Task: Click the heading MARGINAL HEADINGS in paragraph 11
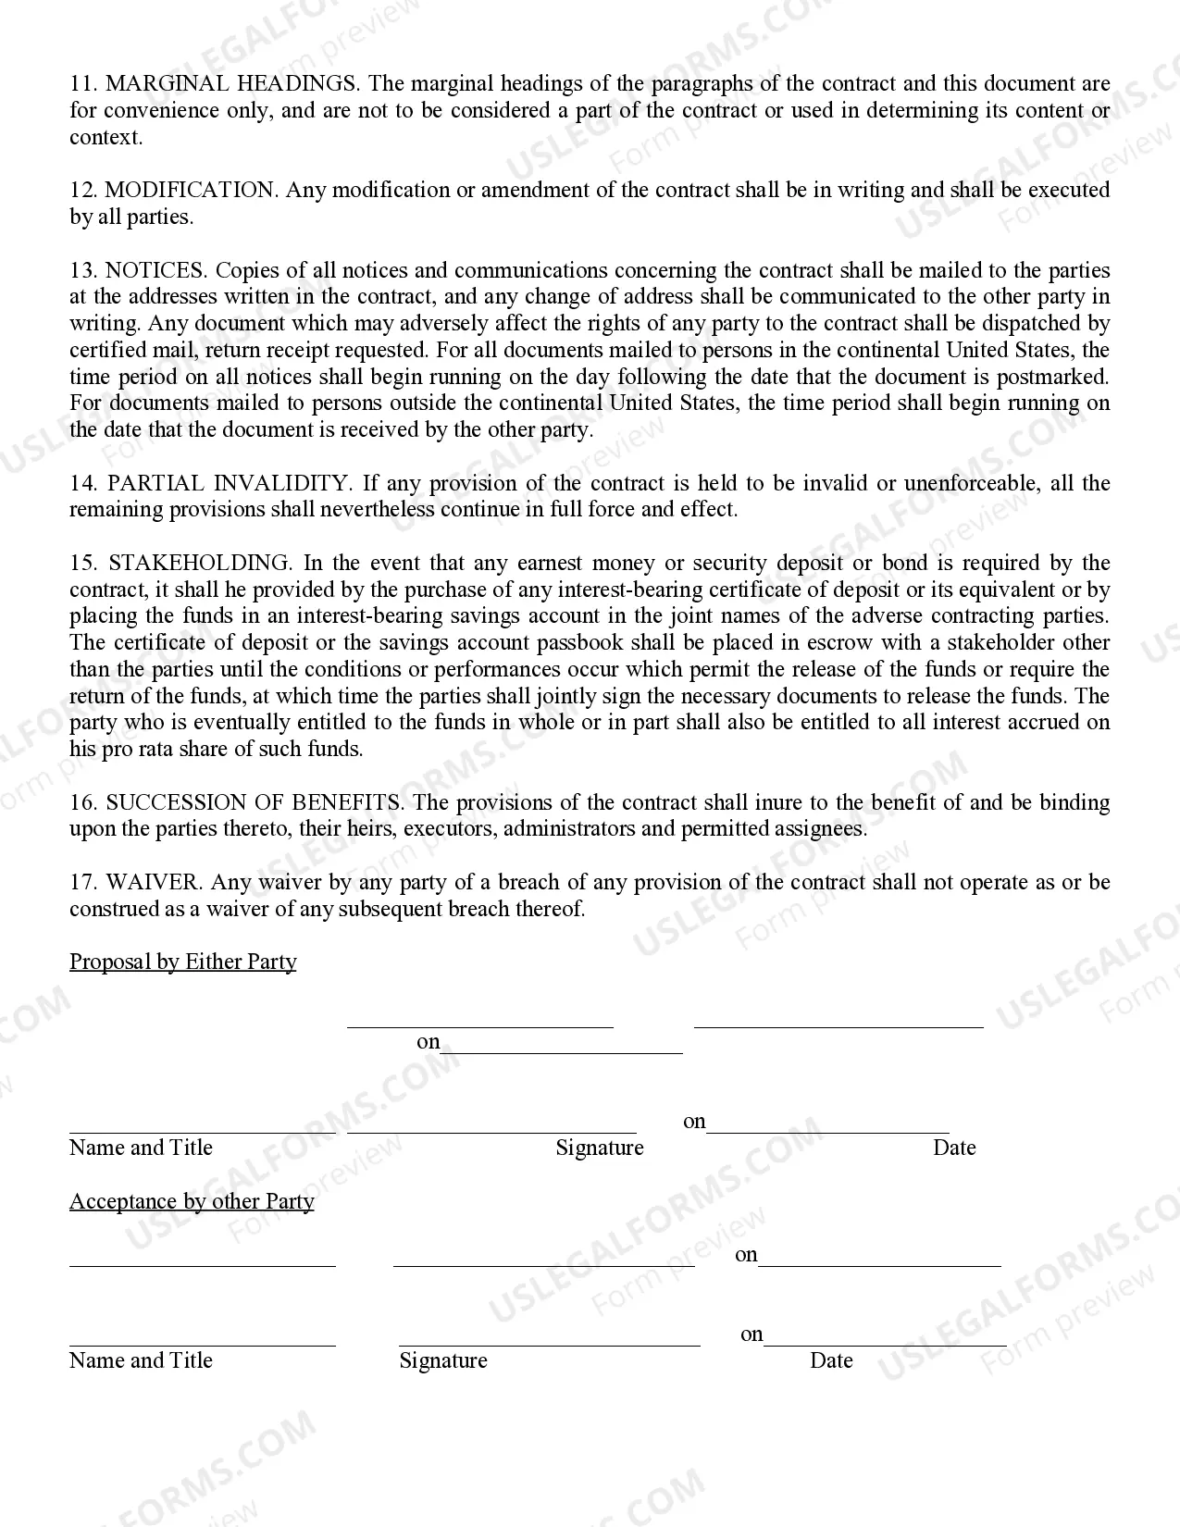[232, 84]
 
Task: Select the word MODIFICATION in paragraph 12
[190, 191]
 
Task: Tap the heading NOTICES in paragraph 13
[155, 271]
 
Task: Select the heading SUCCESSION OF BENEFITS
[255, 802]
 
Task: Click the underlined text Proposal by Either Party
[183, 962]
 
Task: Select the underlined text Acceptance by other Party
[192, 1201]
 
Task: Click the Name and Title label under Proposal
[141, 1148]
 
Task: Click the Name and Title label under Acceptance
[141, 1361]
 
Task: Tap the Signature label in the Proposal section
[599, 1148]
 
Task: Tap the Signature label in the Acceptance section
[442, 1361]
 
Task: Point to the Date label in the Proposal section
[954, 1148]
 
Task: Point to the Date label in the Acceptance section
[830, 1361]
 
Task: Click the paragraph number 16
[83, 802]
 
